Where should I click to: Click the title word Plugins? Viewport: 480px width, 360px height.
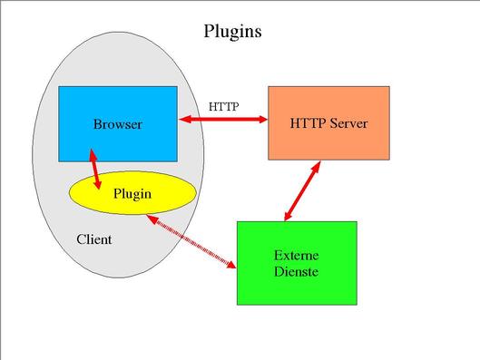point(232,32)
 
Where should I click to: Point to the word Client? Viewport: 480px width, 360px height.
point(94,239)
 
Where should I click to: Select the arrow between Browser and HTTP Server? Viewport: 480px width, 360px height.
point(222,118)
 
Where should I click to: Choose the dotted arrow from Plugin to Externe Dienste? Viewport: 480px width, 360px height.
point(196,242)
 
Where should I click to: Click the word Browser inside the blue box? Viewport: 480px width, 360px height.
point(117,124)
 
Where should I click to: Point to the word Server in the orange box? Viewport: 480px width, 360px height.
point(348,122)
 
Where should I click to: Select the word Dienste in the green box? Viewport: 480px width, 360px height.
point(296,271)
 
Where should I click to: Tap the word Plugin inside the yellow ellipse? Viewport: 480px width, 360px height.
point(132,193)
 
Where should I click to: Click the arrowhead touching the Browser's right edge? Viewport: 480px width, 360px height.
point(185,118)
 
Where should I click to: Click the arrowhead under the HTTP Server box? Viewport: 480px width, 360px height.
point(317,167)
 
